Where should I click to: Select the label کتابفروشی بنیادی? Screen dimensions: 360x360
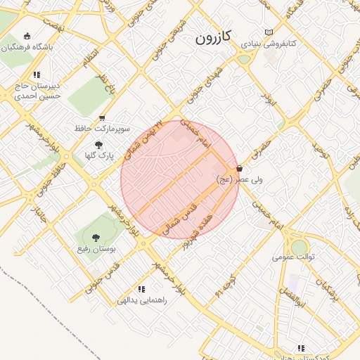coord(269,44)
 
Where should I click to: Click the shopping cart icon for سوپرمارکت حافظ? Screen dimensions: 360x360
coord(102,118)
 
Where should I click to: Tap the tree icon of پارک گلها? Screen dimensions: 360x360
coord(98,143)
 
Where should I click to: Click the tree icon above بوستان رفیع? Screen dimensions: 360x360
coord(96,238)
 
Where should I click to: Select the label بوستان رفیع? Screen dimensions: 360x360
coord(97,250)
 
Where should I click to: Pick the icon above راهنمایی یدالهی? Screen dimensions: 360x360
coord(141,288)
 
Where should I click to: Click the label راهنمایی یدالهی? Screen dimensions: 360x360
coord(143,300)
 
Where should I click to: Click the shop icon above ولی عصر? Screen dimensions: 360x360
coord(240,169)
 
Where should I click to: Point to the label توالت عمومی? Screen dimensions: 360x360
coord(294,257)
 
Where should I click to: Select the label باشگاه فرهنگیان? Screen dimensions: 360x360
coord(28,47)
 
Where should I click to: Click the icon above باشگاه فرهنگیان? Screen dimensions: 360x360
coord(27,36)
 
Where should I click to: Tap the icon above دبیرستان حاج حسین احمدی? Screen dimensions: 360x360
coord(36,74)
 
